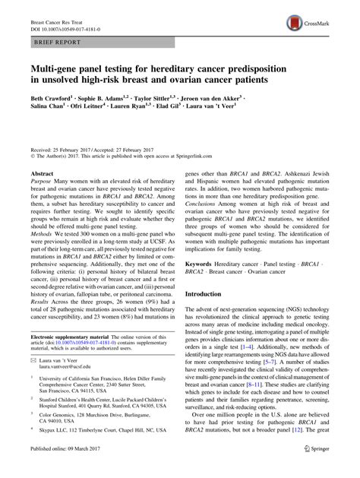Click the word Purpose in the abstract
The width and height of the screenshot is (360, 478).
tap(42, 185)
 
